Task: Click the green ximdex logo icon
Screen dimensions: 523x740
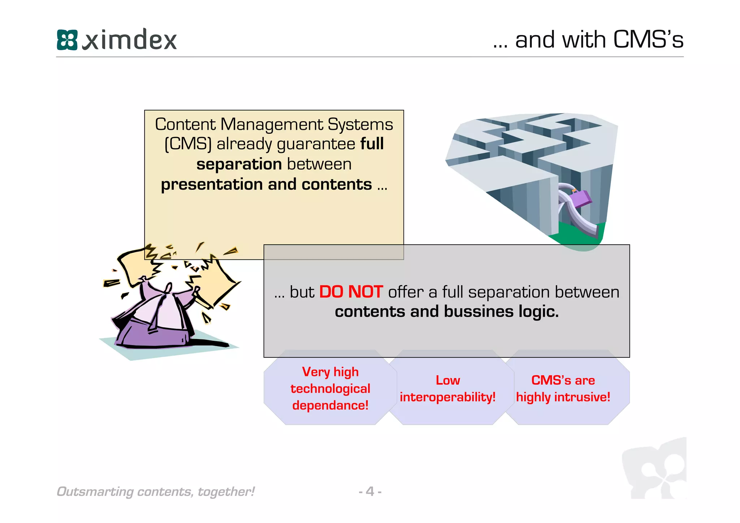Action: [x=67, y=40]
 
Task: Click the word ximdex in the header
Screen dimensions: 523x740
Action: [x=130, y=40]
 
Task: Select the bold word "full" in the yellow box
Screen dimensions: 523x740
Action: [x=372, y=144]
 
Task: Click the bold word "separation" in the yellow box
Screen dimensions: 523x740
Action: [x=239, y=164]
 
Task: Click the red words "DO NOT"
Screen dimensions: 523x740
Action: [x=351, y=292]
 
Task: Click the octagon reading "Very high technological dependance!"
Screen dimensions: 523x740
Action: [x=330, y=389]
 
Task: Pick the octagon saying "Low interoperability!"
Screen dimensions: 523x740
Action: [x=448, y=389]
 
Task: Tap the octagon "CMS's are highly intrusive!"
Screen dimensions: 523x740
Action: [x=563, y=389]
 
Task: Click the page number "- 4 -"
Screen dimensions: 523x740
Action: [x=370, y=491]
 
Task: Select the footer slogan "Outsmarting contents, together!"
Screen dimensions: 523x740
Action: [x=156, y=492]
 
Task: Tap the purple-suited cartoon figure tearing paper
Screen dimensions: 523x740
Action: [x=159, y=314]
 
